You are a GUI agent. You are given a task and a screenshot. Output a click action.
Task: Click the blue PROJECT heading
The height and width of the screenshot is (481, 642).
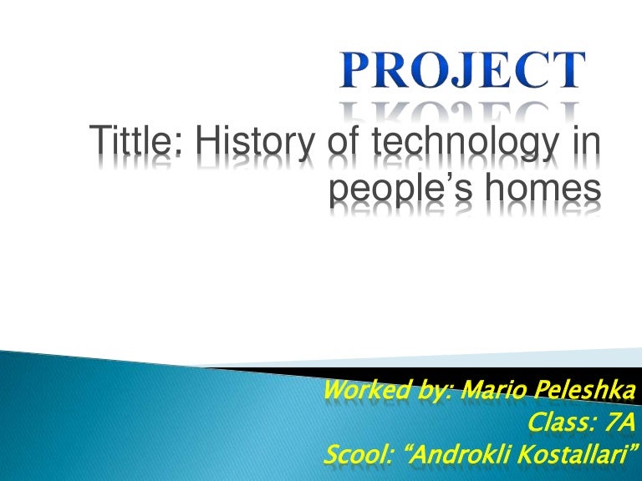[461, 70]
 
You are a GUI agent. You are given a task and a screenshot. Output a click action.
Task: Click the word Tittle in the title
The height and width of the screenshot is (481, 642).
[139, 142]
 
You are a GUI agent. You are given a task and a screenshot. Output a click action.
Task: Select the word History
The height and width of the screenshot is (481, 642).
[245, 143]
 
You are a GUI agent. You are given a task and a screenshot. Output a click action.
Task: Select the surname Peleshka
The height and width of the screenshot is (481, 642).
[573, 389]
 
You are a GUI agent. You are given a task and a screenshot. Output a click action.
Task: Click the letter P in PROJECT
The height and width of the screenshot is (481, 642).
[355, 70]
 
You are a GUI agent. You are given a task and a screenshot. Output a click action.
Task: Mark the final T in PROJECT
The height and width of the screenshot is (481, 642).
[569, 70]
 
